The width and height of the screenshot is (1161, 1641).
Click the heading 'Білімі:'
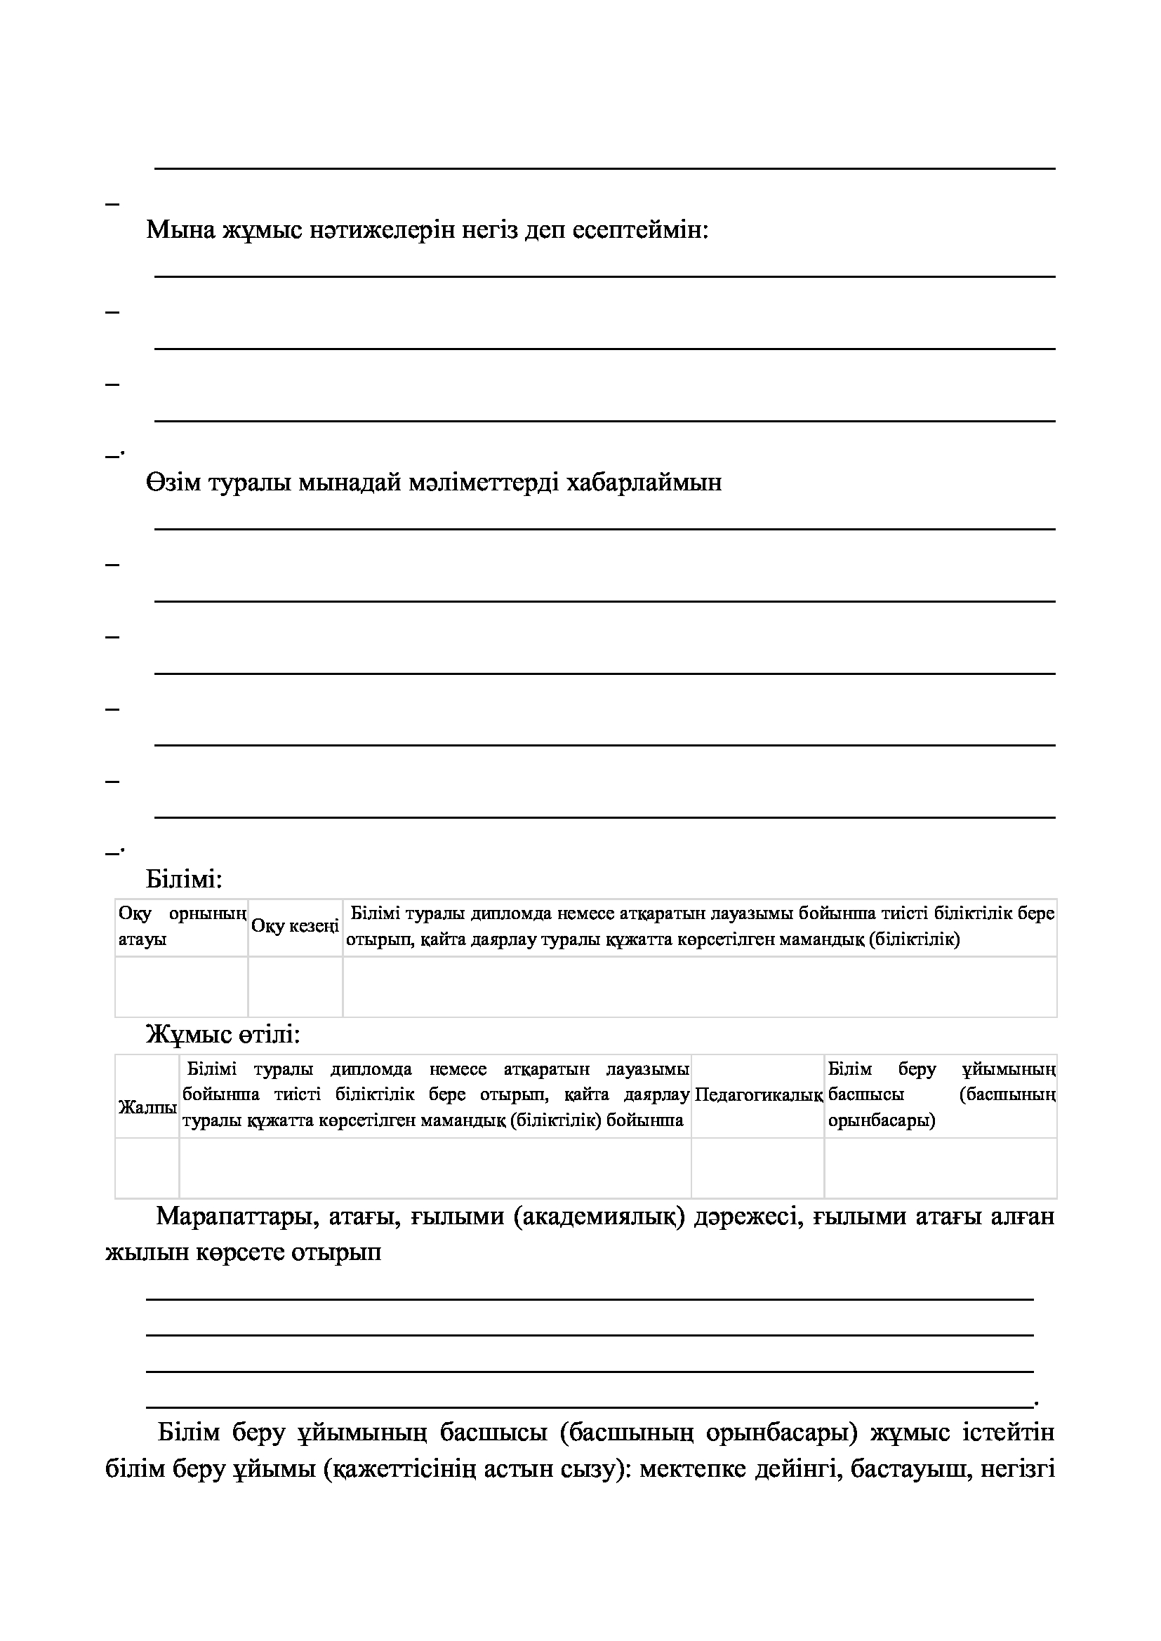tap(185, 878)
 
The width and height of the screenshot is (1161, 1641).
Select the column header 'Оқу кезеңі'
tap(296, 926)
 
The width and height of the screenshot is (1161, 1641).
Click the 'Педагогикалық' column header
tap(758, 1094)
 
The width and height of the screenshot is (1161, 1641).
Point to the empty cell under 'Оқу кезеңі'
tap(296, 986)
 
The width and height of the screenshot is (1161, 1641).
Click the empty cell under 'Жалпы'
tap(147, 1167)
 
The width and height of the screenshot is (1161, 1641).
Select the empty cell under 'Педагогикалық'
tap(758, 1167)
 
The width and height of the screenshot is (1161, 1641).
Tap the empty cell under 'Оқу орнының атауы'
tap(182, 986)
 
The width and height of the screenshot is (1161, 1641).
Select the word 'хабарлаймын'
tap(644, 482)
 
